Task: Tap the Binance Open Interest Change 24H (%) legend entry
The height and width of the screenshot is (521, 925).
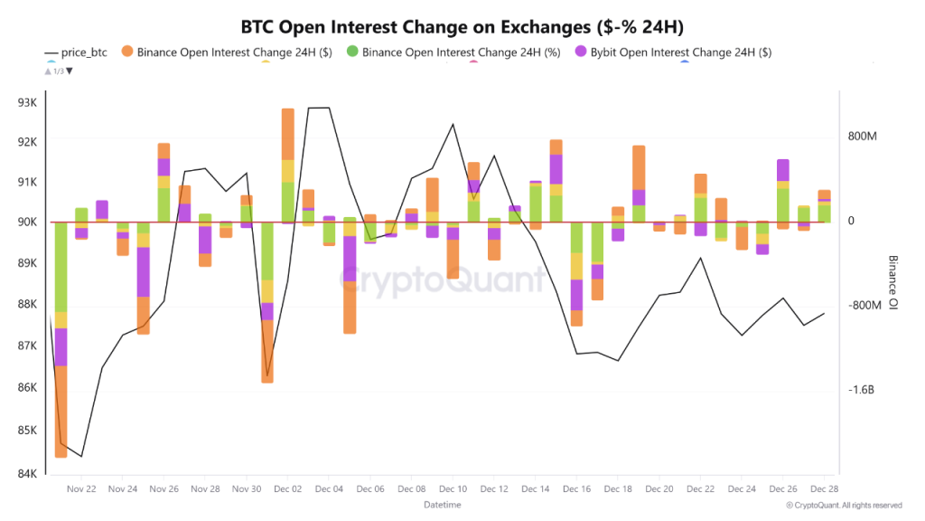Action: tap(456, 52)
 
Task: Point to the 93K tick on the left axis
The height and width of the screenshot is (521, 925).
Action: tap(27, 102)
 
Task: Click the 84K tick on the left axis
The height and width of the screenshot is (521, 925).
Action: tap(27, 473)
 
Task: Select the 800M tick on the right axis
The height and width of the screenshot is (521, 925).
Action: tap(863, 137)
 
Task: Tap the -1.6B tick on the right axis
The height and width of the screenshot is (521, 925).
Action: tap(862, 390)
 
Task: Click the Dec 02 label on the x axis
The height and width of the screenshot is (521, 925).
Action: tap(287, 489)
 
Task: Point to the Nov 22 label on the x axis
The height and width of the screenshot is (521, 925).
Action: tap(81, 489)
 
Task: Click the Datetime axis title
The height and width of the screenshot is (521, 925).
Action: tap(443, 504)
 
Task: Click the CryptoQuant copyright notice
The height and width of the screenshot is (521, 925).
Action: tap(844, 506)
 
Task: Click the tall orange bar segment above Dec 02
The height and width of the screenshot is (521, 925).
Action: tap(288, 134)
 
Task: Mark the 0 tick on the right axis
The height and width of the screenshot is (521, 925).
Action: tap(851, 221)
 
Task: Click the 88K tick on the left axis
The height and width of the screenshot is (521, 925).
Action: tap(27, 304)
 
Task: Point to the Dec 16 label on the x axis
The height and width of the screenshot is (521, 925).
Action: tap(576, 489)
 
